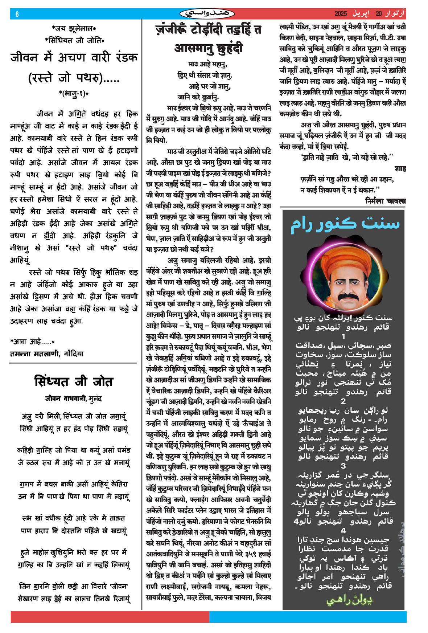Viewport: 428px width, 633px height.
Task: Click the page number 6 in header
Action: point(17,14)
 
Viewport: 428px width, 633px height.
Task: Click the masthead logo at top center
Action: point(207,14)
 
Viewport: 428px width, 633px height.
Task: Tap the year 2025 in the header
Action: point(341,14)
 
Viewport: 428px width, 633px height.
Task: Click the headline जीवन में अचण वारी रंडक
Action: point(74,57)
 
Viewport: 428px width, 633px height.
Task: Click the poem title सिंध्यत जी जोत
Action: point(74,381)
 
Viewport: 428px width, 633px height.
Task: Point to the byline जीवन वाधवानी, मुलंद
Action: point(74,399)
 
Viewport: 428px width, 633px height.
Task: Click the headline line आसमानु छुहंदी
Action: point(209,48)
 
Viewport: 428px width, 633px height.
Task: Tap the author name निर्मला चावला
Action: point(386,201)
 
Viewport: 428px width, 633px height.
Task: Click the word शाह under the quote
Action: point(400,168)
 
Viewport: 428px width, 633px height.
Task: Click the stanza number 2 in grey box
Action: point(343,401)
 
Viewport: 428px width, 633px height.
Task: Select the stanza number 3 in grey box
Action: point(343,466)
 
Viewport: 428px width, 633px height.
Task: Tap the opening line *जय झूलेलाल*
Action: point(74,28)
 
